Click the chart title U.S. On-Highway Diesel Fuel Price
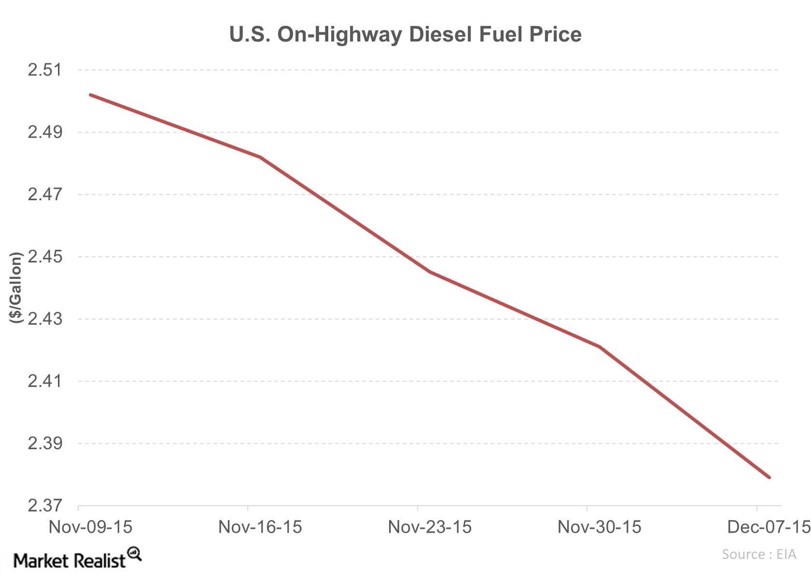coord(405,34)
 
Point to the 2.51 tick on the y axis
coord(45,70)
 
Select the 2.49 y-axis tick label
coord(45,132)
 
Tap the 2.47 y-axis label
coord(45,194)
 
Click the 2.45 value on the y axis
coord(45,257)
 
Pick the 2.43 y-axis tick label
coord(45,319)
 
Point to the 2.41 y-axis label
coord(45,381)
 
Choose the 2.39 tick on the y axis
coord(45,443)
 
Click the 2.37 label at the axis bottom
coord(45,506)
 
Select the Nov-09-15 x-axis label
coord(90,527)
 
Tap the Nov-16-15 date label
coord(260,527)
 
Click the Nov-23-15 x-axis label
coord(430,527)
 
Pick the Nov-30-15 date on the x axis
coord(599,527)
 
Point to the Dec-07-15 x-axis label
coord(768,527)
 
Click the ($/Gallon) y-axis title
coord(15,288)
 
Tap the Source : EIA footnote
coord(758,554)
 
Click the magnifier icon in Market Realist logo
coord(135,553)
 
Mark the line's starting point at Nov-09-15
coord(91,95)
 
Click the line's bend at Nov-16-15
coord(260,157)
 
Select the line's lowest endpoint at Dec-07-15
coord(769,477)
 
